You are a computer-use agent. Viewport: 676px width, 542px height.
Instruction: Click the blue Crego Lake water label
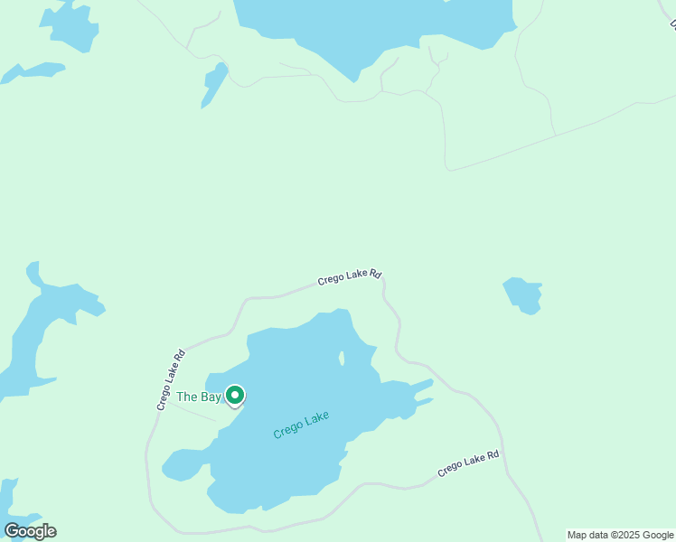pos(301,425)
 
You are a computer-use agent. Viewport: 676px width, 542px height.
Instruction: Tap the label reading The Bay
pos(198,397)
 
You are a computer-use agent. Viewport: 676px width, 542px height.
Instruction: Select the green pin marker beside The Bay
pos(235,396)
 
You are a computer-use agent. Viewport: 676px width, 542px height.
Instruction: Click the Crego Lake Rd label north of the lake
pos(349,277)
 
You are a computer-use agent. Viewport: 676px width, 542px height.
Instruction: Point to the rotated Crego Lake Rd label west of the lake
pos(170,380)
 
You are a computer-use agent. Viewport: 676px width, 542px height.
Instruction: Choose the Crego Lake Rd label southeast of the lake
pos(468,464)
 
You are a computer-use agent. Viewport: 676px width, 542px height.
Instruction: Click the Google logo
pos(30,531)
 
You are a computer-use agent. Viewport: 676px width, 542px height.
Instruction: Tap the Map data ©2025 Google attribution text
pos(621,535)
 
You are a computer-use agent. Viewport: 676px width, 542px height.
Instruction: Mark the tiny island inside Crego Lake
pos(342,360)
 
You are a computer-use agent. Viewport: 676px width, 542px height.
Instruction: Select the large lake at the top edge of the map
pos(371,27)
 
